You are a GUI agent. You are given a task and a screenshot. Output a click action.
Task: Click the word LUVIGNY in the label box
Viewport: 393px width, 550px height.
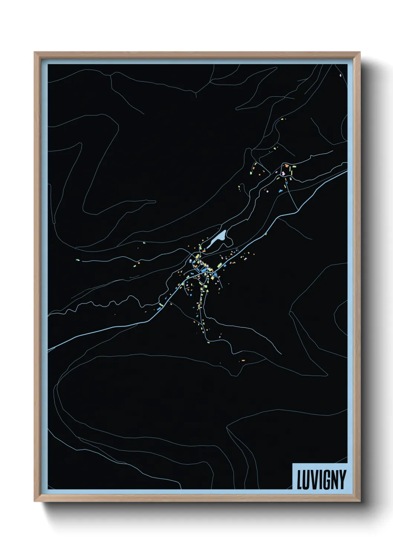[321, 479]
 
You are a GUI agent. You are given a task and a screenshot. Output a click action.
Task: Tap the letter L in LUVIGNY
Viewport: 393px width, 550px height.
[300, 480]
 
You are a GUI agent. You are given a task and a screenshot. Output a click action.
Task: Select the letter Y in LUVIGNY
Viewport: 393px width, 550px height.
[342, 480]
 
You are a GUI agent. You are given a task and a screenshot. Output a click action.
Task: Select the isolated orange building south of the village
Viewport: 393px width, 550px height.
[243, 360]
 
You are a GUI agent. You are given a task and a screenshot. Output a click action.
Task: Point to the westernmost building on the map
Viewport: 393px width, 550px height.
[78, 260]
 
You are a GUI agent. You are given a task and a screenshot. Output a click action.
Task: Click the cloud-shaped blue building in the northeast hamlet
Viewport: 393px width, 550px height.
[280, 191]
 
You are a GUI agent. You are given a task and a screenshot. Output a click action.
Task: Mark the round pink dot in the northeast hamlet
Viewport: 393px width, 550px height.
[266, 190]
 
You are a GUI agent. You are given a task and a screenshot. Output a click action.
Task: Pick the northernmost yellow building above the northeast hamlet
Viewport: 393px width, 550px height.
[283, 119]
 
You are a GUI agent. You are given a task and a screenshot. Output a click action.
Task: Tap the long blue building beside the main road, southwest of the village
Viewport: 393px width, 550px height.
[159, 308]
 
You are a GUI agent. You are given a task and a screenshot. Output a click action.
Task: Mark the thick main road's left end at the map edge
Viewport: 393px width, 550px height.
[49, 350]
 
